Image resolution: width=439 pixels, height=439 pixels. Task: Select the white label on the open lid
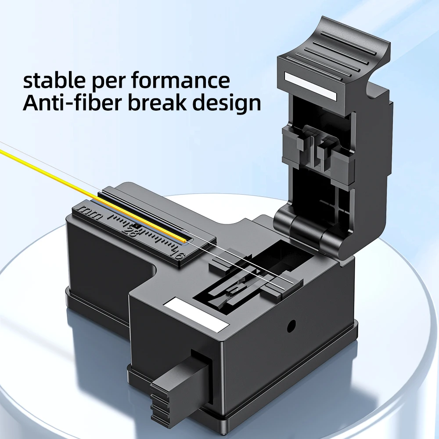coord(309,85)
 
